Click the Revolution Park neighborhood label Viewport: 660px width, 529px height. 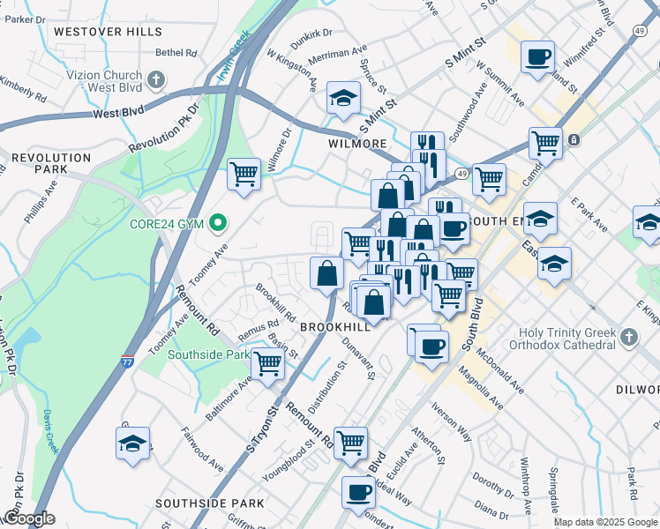[x=51, y=163]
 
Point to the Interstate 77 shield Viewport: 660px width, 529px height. [x=127, y=361]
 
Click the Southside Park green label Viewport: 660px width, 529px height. [x=210, y=354]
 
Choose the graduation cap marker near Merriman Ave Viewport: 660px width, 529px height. [x=343, y=98]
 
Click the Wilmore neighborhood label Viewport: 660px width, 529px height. [x=357, y=144]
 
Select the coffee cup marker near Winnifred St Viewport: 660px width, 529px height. [x=537, y=57]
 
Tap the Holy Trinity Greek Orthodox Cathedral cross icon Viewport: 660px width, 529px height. [x=628, y=337]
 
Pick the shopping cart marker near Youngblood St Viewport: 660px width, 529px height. [x=351, y=442]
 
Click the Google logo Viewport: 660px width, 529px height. [x=28, y=518]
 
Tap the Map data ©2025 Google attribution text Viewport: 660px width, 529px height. [x=604, y=522]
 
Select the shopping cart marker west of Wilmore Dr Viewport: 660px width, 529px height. [x=243, y=173]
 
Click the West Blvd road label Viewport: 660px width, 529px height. [x=117, y=113]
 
